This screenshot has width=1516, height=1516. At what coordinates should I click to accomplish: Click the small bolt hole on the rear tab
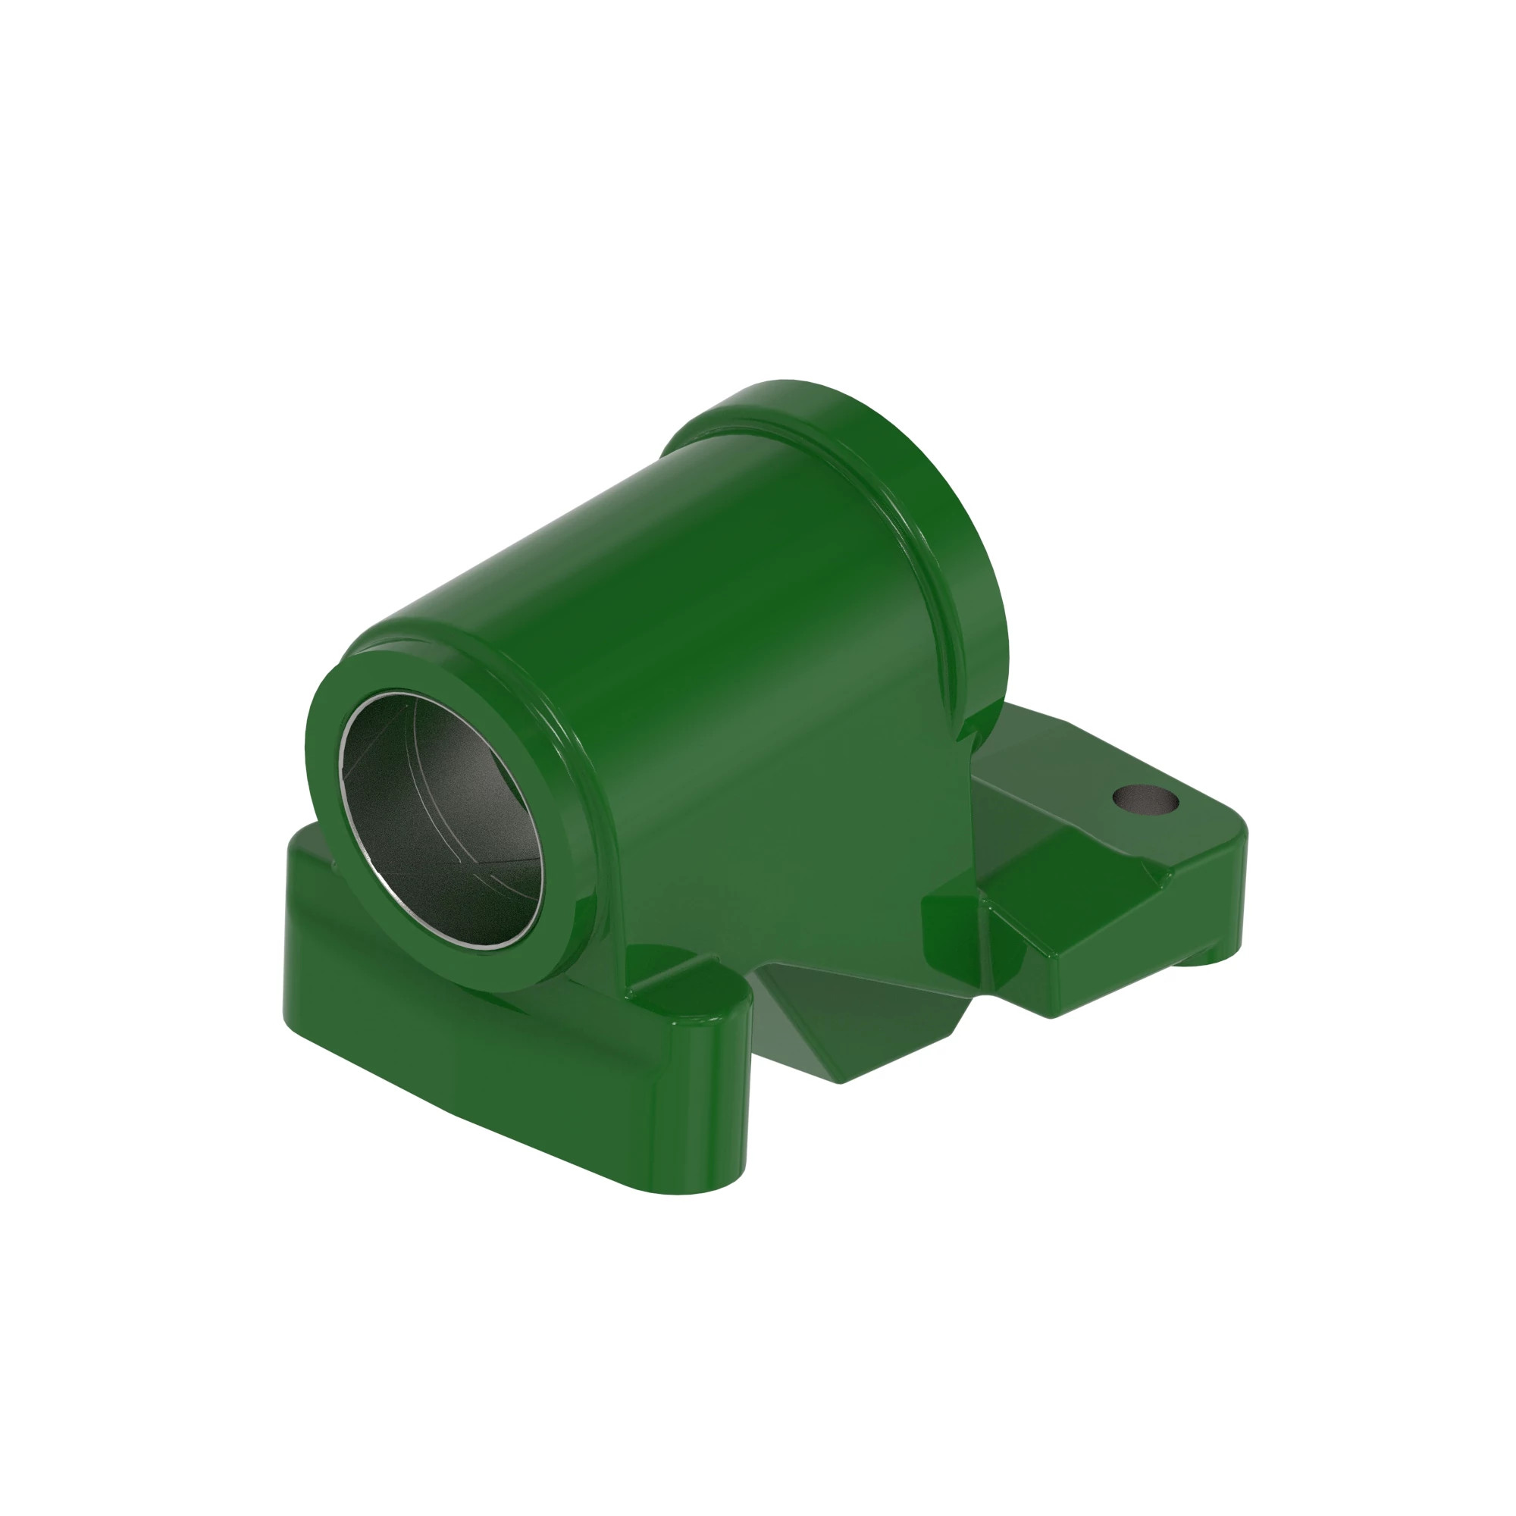coord(1145,800)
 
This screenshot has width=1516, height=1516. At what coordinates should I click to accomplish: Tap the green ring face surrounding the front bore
coord(330,785)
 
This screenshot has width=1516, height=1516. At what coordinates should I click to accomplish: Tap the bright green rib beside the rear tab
coord(950,918)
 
